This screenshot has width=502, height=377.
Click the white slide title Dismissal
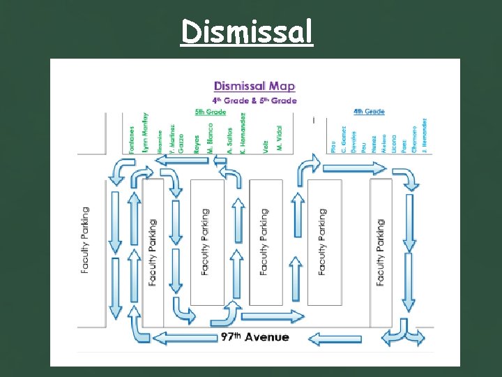coord(247,31)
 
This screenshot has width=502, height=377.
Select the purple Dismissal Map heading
coord(254,86)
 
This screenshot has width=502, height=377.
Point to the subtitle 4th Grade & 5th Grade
coord(254,101)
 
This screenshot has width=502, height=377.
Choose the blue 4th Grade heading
coord(368,112)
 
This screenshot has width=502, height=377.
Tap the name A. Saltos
coord(229,139)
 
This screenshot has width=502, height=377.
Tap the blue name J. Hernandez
coord(424,136)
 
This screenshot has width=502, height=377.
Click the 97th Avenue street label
coord(254,337)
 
